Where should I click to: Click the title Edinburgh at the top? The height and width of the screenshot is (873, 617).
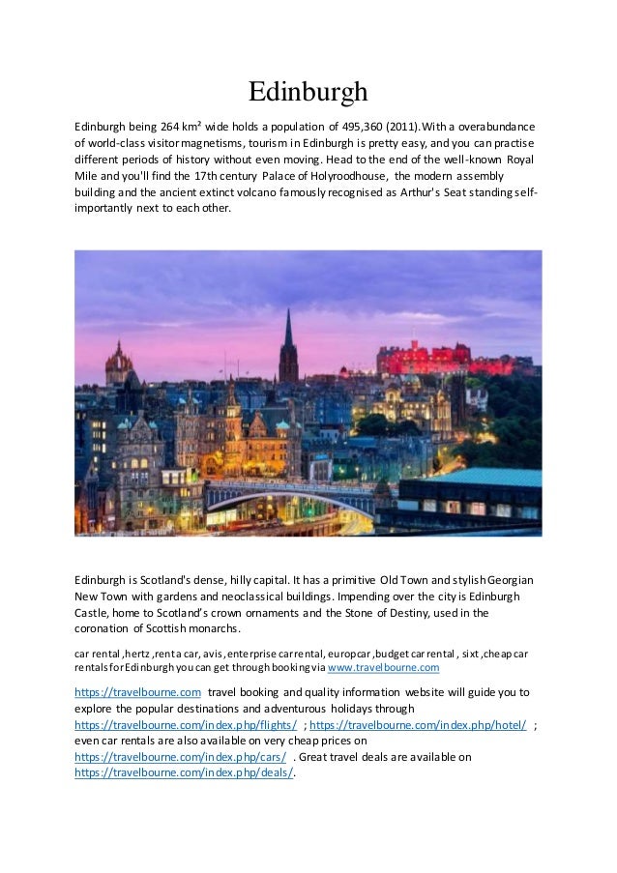point(308,92)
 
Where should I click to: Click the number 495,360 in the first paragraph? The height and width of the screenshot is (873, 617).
point(361,126)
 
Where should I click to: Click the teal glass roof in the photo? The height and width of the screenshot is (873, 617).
point(484,477)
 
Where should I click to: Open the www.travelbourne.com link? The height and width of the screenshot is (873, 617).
point(384,668)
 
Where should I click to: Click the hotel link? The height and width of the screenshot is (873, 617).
point(417,725)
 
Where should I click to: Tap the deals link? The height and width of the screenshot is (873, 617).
point(183,773)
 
